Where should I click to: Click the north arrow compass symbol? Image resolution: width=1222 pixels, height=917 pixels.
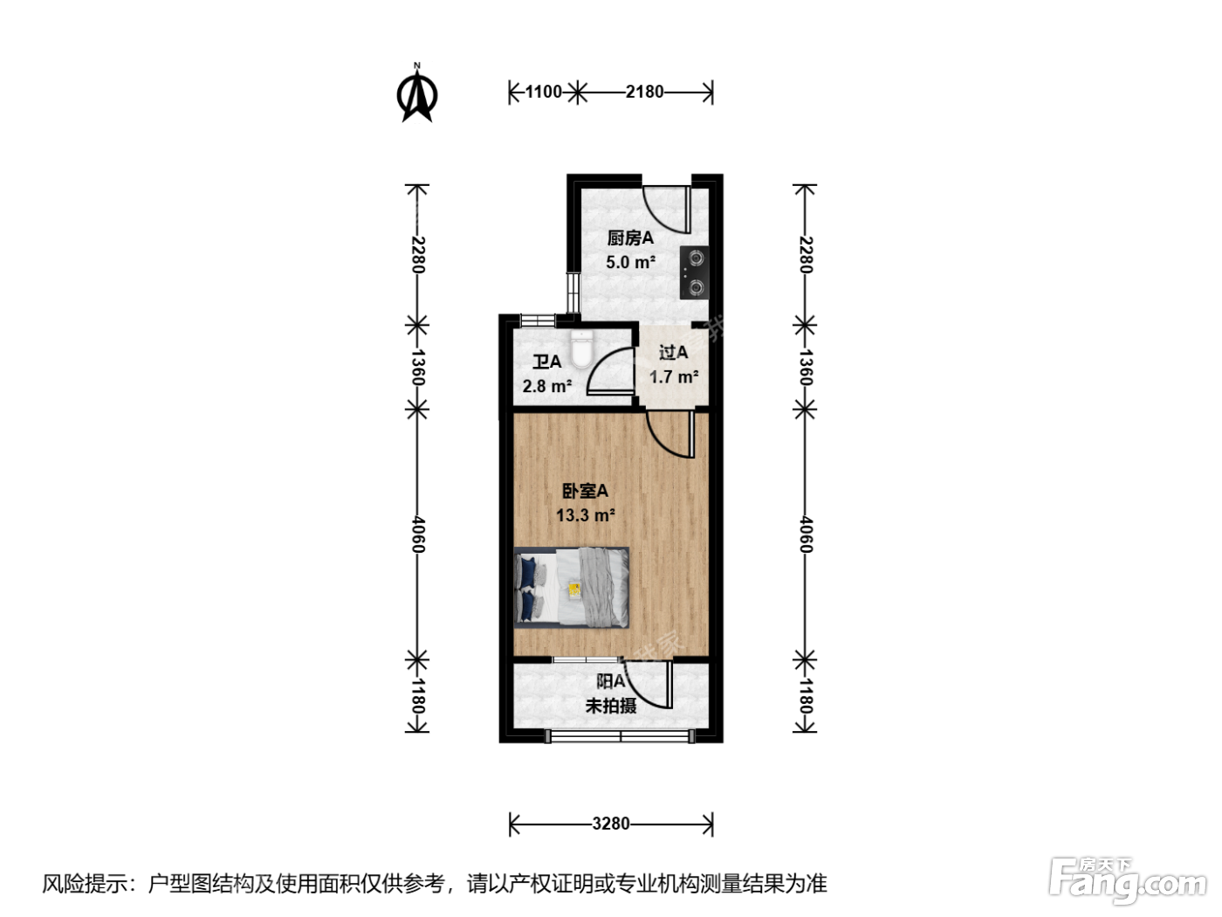coord(416,93)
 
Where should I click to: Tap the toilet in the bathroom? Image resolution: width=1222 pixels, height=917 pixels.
coord(582,349)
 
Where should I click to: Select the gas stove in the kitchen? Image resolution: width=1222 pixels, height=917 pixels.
coord(694,272)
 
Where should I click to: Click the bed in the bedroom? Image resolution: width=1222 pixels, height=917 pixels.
coord(572,588)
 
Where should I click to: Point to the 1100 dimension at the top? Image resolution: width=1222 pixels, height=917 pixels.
coord(544,92)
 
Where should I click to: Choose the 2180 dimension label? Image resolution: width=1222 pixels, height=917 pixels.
coord(645,92)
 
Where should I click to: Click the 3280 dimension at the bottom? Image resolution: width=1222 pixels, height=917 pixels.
coord(611,824)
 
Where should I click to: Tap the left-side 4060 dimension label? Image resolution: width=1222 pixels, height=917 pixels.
coord(418,535)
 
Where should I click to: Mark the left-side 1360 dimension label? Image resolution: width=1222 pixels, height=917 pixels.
coord(418,368)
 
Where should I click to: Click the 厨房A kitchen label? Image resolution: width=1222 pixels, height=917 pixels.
coord(630,238)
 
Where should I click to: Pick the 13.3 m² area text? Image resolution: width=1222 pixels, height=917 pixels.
coord(586,515)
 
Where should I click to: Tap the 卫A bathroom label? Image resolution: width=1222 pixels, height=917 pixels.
coord(547,362)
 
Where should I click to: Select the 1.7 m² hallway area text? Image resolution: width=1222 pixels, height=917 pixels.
coord(674,377)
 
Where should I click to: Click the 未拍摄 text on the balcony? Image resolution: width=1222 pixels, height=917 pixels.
coord(611,706)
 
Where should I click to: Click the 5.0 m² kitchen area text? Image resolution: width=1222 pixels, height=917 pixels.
coord(631,262)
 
